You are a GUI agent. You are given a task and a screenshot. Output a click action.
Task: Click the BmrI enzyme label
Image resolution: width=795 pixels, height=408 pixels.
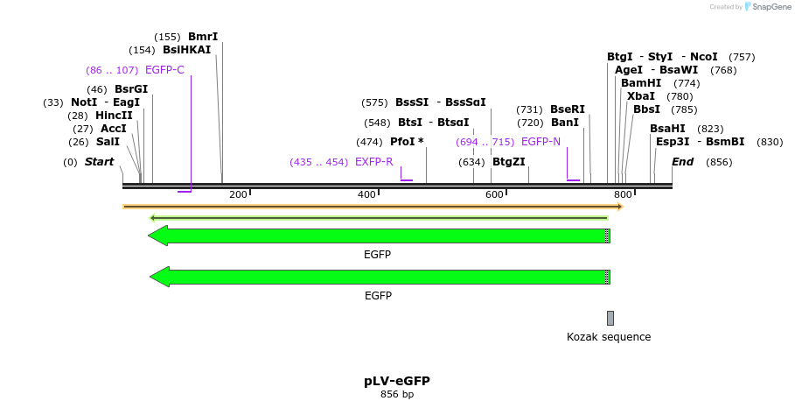(x=203, y=37)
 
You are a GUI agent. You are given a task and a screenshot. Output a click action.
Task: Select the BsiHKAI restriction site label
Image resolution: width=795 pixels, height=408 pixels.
(x=186, y=50)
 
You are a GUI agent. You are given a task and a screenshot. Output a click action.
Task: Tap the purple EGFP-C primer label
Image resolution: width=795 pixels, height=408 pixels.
(x=164, y=70)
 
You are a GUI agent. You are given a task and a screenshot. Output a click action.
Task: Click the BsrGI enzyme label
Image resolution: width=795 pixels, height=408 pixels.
(x=131, y=89)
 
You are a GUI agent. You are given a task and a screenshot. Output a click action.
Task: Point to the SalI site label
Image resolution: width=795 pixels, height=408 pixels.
(x=108, y=142)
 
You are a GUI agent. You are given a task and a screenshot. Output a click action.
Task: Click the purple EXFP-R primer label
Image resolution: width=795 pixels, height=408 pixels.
(x=373, y=162)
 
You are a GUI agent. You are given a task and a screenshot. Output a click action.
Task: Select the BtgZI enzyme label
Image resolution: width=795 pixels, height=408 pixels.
(x=509, y=162)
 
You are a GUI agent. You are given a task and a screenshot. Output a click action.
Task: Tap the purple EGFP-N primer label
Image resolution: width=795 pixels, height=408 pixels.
(x=540, y=142)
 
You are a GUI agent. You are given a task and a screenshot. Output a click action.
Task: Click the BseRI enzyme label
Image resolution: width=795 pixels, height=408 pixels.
(x=568, y=109)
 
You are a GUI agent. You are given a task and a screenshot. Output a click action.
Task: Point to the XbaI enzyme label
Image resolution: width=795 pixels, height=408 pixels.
(x=641, y=96)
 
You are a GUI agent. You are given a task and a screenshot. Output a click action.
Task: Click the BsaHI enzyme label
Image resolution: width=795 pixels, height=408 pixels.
(x=667, y=129)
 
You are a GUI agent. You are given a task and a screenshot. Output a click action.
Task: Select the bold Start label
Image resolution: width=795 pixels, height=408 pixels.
(x=100, y=162)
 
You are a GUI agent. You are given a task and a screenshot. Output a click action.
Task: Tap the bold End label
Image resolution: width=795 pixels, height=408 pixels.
(x=682, y=162)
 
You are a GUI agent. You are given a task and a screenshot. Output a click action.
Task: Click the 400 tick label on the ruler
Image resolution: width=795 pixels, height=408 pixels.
(x=366, y=194)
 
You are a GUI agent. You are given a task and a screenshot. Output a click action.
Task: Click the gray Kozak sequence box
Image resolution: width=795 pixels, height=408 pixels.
(x=610, y=318)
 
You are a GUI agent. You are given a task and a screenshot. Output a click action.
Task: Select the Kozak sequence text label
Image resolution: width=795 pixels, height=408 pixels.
(x=609, y=337)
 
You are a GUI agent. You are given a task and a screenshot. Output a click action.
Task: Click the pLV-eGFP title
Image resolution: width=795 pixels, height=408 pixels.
(x=397, y=381)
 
